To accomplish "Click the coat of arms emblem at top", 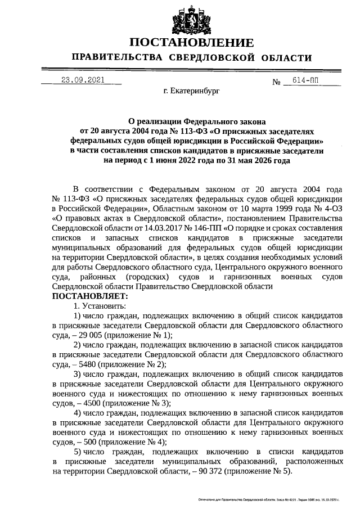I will (191, 19).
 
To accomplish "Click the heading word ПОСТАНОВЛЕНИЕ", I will (191, 43).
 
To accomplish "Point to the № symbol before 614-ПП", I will (276, 82).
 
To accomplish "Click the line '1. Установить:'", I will (100, 305).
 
